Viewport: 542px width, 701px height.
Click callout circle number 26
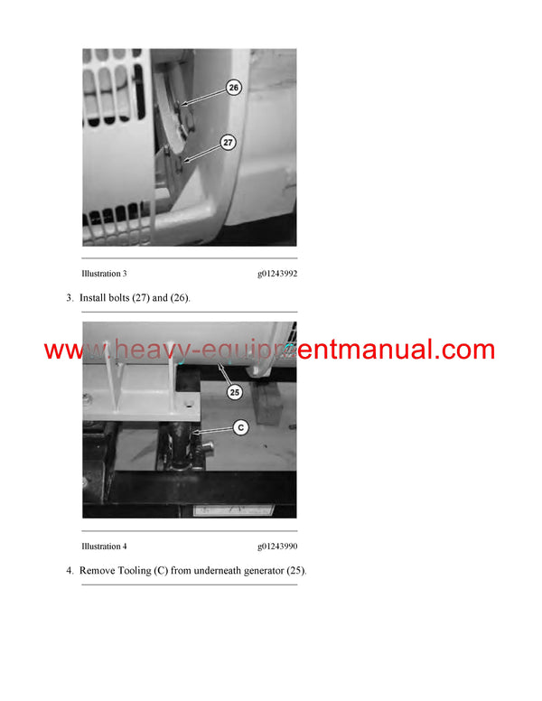click(234, 88)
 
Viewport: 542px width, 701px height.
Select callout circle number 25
click(234, 392)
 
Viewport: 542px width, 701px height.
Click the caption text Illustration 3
click(104, 273)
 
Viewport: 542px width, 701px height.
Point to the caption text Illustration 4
click(104, 547)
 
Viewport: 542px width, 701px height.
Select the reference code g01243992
click(276, 273)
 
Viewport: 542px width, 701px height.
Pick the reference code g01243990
click(276, 547)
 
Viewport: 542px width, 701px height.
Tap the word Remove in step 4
click(101, 571)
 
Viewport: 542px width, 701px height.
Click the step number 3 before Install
click(70, 297)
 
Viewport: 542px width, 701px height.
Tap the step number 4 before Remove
click(70, 571)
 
